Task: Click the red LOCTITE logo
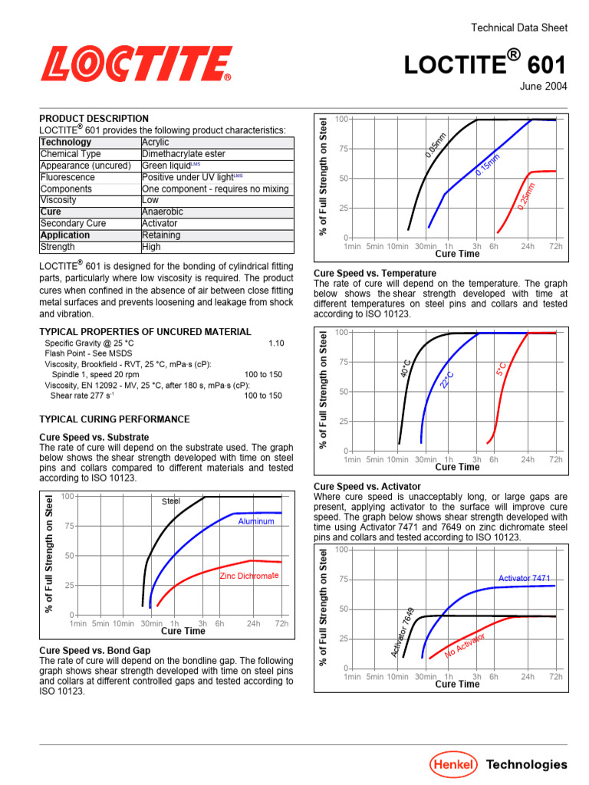point(137,64)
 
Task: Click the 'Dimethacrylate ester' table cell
point(183,154)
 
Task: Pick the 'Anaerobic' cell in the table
point(163,212)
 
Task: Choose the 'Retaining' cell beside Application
point(161,235)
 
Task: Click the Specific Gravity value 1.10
point(276,343)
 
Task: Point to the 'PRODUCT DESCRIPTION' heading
point(94,119)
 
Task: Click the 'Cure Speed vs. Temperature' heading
point(375,273)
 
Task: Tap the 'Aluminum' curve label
point(256,521)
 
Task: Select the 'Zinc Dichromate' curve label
point(249,576)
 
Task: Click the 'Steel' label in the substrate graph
point(170,501)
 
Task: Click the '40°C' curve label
point(406,368)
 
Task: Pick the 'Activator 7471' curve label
point(525,578)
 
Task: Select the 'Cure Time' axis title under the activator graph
point(457,685)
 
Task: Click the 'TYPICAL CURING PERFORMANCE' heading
point(114,419)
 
